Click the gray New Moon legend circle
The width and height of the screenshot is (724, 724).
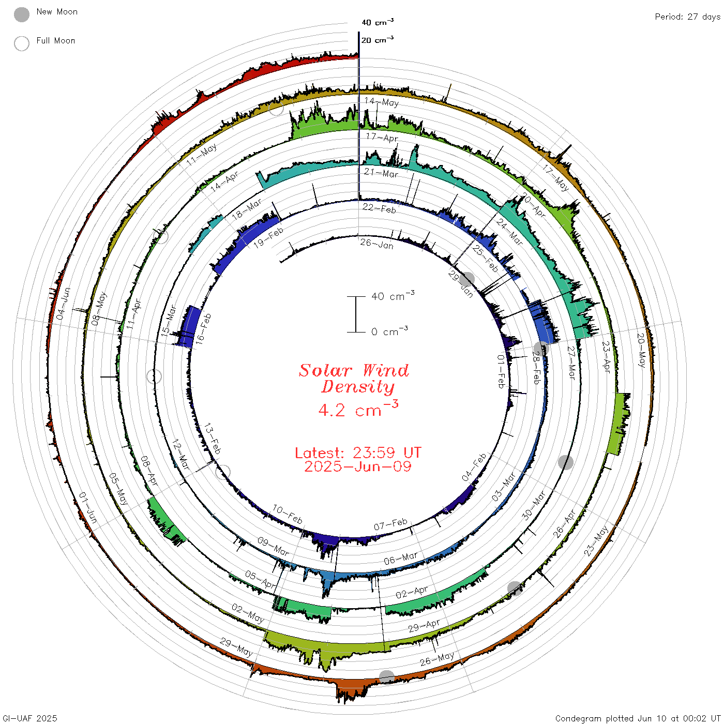(21, 14)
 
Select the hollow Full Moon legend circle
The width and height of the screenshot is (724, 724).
(21, 43)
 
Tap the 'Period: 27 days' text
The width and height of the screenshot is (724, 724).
(688, 17)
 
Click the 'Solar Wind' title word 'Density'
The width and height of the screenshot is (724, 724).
(358, 387)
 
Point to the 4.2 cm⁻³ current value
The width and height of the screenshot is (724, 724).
(358, 409)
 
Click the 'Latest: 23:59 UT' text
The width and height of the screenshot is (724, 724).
(358, 452)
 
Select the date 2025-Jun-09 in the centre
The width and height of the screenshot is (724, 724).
(358, 466)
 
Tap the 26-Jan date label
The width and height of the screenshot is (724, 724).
(377, 244)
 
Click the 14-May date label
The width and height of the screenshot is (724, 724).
(381, 102)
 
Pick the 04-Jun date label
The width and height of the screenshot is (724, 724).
(63, 304)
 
